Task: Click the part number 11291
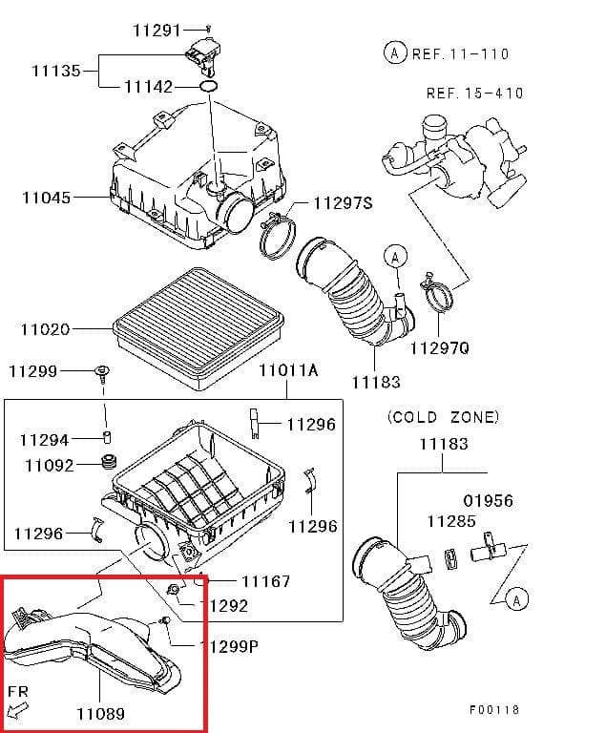(x=157, y=31)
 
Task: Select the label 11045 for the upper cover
(x=46, y=199)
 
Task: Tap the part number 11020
(x=46, y=329)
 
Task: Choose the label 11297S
(x=343, y=203)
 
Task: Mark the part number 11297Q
(x=440, y=348)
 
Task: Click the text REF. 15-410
(x=474, y=94)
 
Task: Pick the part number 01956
(x=488, y=500)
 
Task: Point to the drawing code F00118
(x=494, y=709)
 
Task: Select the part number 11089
(x=99, y=712)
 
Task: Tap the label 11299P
(x=228, y=646)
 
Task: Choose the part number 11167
(x=265, y=580)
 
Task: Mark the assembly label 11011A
(x=288, y=369)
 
